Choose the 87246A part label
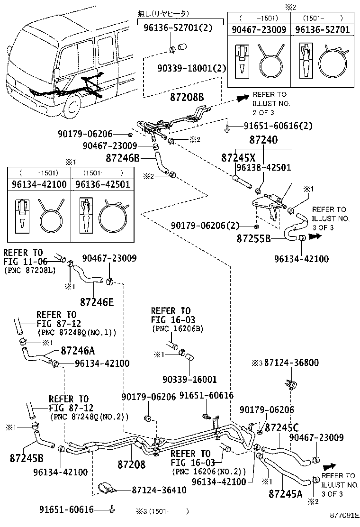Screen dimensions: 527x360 pos(78,351)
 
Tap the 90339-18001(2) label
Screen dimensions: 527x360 pos(192,68)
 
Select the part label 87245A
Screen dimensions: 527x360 pos(285,494)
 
